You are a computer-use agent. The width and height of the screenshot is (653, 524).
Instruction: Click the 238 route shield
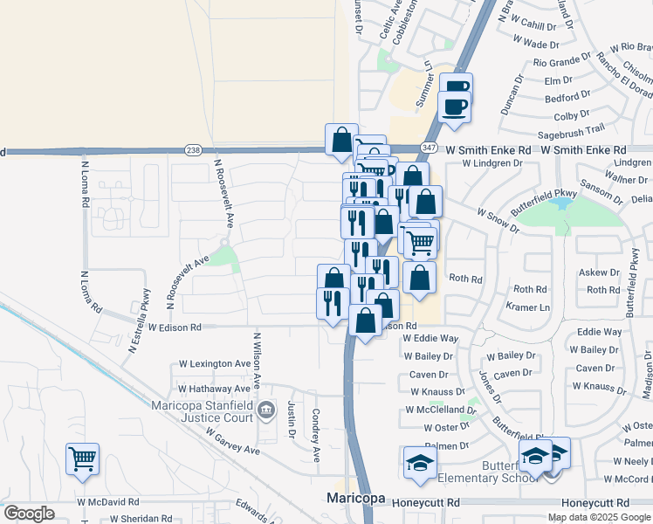click(x=194, y=150)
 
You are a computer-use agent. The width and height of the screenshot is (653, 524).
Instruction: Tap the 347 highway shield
click(x=429, y=150)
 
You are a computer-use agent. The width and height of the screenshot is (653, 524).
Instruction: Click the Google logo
click(x=29, y=514)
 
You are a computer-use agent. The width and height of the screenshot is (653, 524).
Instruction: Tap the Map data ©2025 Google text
click(x=598, y=517)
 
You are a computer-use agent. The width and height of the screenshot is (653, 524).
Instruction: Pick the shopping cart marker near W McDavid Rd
click(x=82, y=458)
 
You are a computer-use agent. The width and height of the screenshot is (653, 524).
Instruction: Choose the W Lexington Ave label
click(x=215, y=363)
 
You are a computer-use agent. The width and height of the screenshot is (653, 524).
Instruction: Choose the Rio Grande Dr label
click(x=562, y=62)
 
